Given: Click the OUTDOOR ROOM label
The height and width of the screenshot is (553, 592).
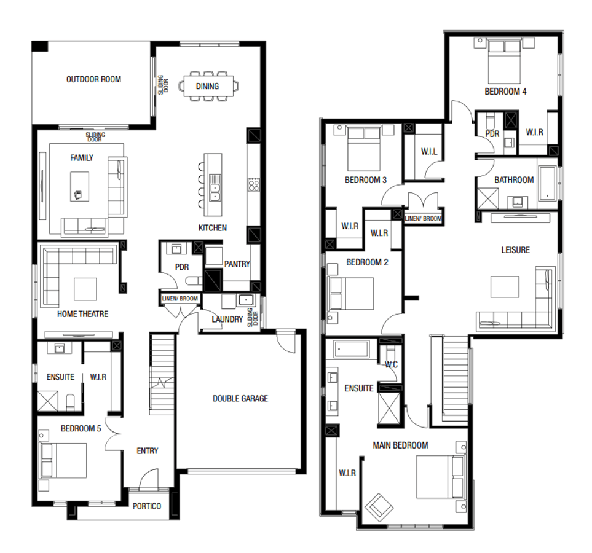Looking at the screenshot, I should (93, 79).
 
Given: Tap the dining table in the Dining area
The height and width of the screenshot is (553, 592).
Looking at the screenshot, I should (208, 86).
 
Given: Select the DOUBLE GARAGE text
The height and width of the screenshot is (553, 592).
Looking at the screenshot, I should (240, 399).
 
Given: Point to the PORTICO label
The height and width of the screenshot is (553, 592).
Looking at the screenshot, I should (147, 506).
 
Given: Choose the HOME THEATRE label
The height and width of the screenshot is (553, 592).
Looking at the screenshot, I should (82, 314).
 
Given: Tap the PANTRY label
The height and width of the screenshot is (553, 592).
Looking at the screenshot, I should (237, 264).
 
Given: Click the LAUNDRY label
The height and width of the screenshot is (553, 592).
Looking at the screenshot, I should (227, 320).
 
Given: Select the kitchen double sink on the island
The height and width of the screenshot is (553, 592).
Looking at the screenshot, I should (215, 187).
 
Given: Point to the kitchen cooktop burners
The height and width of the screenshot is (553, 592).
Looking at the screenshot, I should (253, 184).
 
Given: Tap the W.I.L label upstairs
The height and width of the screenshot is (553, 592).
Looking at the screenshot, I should (428, 152).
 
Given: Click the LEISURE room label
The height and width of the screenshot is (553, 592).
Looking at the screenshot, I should (515, 250).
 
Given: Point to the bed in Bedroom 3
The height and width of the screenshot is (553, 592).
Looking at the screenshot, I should (364, 148).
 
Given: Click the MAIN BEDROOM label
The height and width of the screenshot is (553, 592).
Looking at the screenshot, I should (400, 445).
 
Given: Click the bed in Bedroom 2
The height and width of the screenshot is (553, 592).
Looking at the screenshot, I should (351, 294).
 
